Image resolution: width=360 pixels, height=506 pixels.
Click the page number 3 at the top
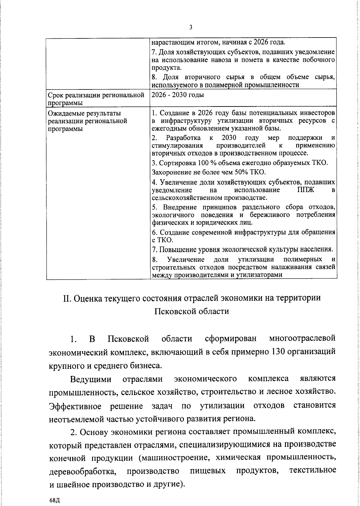pos(191,28)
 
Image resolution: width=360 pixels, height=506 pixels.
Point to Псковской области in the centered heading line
pos(191,311)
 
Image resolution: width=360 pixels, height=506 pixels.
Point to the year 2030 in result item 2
pos(229,138)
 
